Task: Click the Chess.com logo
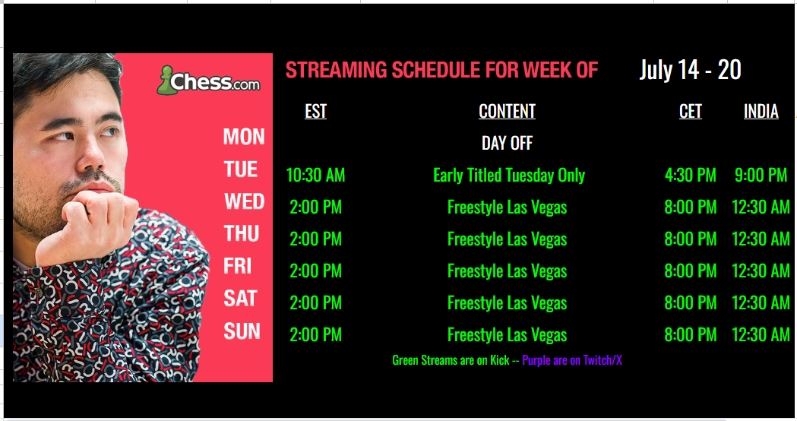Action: coord(209,81)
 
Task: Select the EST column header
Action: coord(315,112)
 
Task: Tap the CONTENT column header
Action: coord(508,112)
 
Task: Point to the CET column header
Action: coord(691,112)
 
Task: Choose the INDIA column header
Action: coord(761,112)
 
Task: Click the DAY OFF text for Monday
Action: coord(508,144)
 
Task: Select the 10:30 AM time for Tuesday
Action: coord(315,176)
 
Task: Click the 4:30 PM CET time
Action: coord(691,176)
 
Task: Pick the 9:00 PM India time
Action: coord(761,176)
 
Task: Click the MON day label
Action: coord(244,137)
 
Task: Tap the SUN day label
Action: coord(242,331)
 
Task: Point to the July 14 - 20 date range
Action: coord(691,70)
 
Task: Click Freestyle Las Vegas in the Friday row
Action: coord(508,271)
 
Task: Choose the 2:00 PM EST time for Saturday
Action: coord(315,303)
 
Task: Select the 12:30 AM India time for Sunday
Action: coord(761,335)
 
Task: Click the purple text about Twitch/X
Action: coord(572,360)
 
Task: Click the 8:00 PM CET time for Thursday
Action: coord(691,239)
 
